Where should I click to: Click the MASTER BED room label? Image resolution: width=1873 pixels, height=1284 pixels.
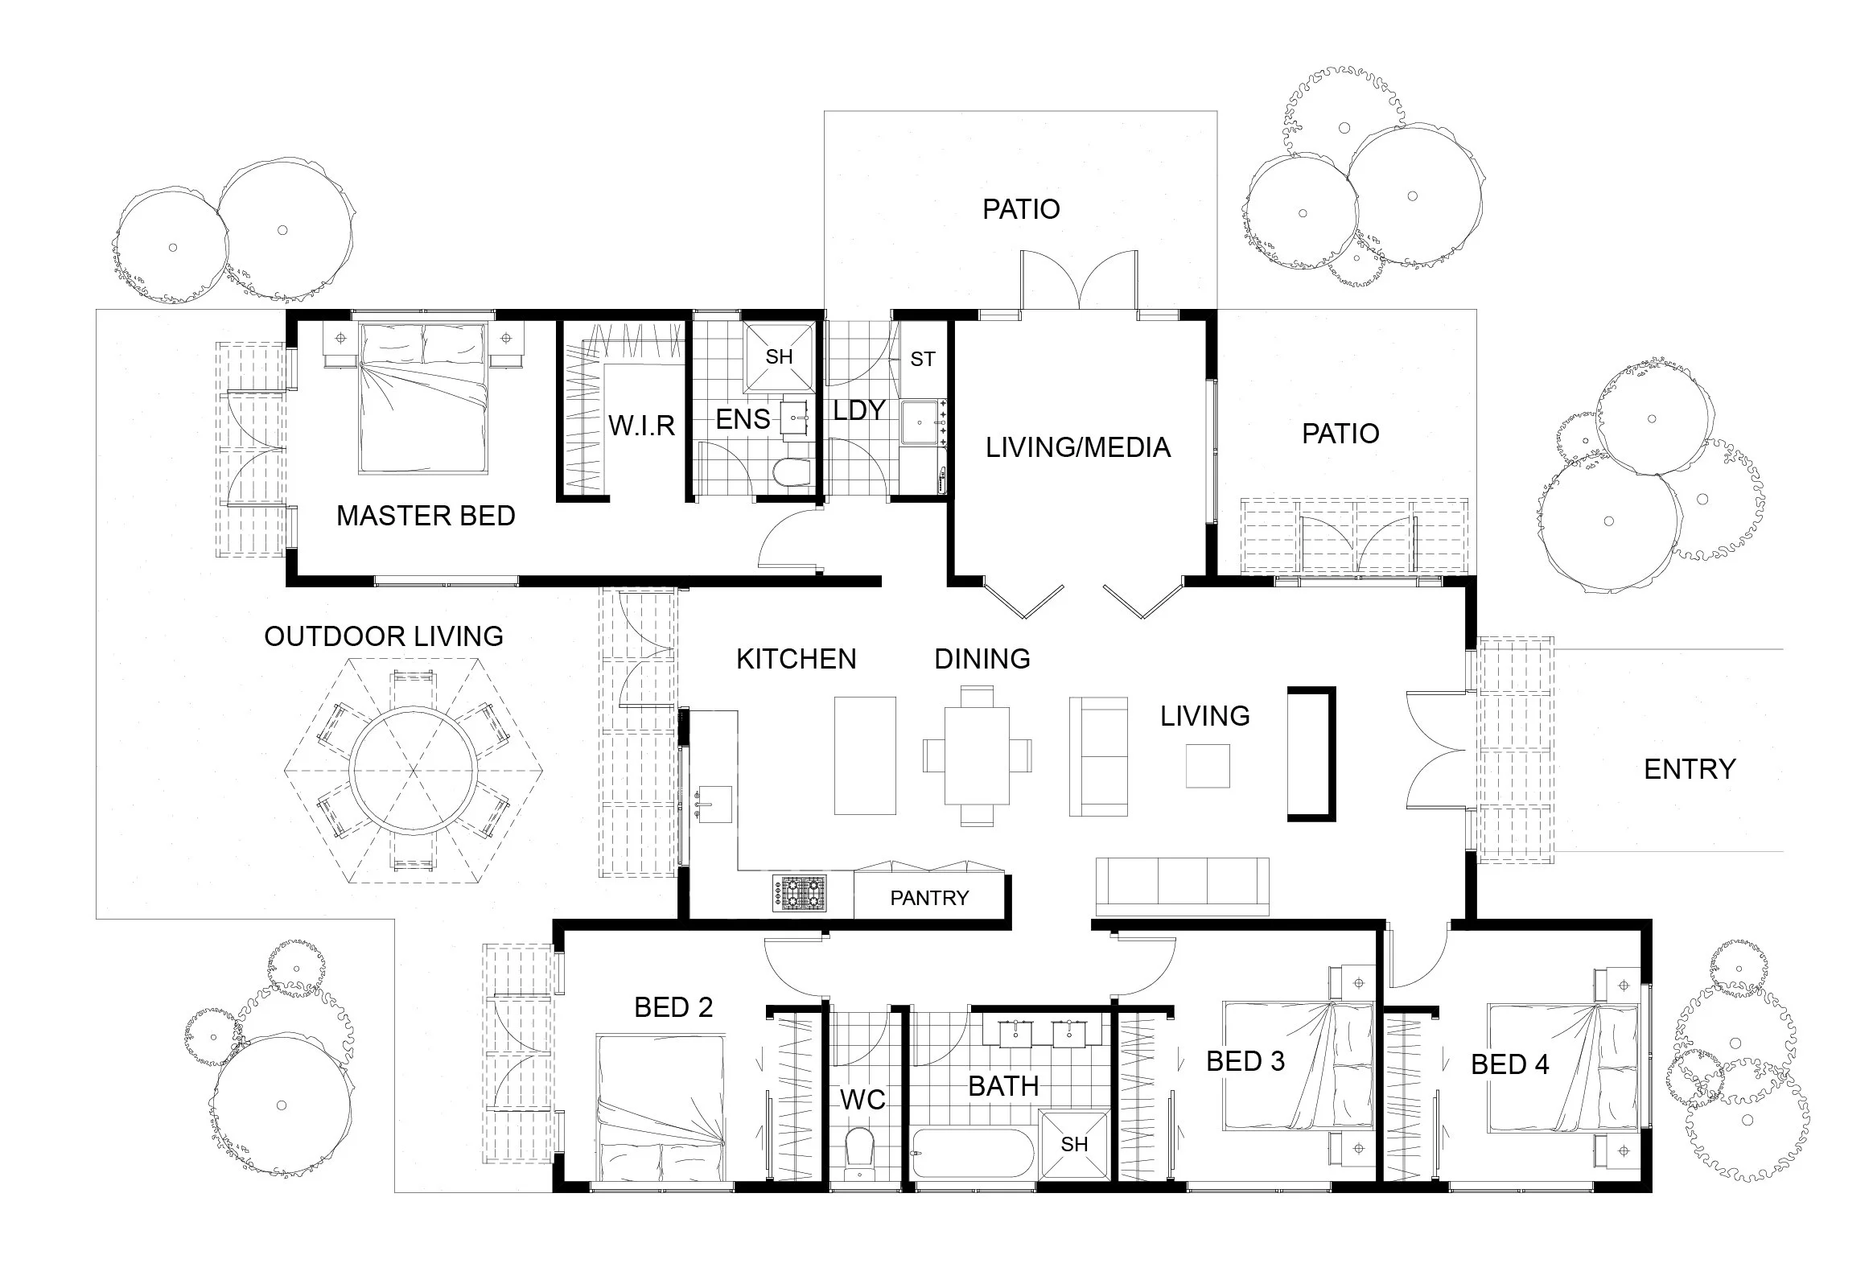[426, 516]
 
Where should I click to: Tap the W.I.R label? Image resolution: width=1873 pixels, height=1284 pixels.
[640, 425]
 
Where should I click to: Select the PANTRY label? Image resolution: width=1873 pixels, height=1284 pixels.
[929, 898]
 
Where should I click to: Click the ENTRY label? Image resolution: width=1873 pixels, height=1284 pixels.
[1690, 769]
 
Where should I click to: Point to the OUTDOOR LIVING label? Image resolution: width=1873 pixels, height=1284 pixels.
[384, 636]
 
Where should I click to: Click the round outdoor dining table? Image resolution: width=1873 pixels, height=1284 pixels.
[414, 769]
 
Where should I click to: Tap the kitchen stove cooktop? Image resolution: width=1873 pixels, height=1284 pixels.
[800, 893]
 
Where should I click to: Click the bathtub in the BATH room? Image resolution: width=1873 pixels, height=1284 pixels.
[973, 1154]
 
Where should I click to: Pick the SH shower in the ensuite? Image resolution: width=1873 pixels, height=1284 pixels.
[779, 356]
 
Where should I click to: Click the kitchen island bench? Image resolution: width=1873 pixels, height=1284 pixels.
[865, 755]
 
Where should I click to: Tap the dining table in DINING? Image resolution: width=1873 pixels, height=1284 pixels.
[977, 755]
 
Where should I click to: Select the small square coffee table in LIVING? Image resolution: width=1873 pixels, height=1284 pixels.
[1208, 766]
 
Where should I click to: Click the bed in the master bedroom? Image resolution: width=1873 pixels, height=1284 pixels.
[423, 398]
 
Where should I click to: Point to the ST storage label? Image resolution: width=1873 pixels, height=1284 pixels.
[923, 359]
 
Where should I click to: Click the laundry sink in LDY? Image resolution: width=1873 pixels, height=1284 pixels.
[920, 422]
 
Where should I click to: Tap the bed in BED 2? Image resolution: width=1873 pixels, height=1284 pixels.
[661, 1109]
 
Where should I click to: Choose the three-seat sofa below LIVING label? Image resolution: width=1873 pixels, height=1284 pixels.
[1183, 887]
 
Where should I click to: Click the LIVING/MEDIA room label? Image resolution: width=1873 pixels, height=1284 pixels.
[1077, 447]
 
